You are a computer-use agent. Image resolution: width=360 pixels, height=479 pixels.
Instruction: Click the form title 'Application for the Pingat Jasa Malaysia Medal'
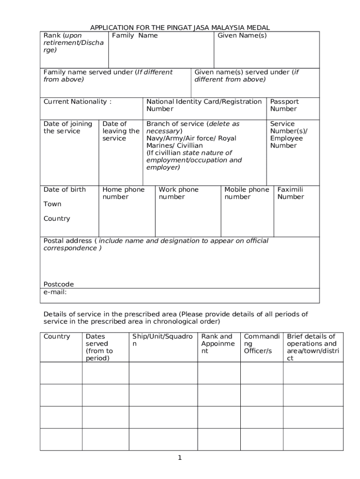180,28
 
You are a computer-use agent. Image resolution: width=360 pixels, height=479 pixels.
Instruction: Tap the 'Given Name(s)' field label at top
242,36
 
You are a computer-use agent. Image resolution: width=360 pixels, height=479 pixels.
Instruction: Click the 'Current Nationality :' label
77,102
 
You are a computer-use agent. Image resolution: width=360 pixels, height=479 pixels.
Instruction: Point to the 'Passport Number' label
284,105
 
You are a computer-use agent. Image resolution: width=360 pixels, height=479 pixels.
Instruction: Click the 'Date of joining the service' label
67,127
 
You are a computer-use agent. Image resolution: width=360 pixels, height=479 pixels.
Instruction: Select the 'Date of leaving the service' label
120,131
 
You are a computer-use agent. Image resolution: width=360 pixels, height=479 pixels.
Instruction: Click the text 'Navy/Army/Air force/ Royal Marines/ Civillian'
191,142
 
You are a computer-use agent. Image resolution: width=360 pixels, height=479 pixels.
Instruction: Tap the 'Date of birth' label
65,189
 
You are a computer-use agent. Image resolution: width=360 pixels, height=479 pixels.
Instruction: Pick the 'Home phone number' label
123,193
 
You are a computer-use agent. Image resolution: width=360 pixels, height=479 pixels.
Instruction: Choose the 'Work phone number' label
178,193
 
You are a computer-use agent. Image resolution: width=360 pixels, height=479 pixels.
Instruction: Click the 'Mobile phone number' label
246,193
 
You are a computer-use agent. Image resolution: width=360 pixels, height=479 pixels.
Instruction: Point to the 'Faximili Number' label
290,193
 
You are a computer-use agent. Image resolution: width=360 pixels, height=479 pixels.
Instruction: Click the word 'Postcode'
58,284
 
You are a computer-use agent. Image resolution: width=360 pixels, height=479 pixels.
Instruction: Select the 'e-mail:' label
55,292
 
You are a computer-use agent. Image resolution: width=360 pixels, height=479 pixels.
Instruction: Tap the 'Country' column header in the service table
57,336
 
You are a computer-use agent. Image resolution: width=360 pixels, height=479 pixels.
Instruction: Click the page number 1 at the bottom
180,457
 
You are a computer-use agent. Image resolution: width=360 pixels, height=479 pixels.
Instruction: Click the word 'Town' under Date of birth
52,204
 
